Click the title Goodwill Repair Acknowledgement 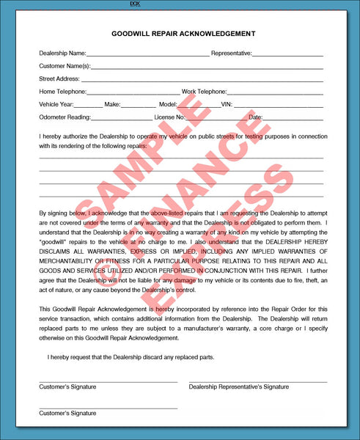(x=183, y=34)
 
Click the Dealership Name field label (x=62, y=54)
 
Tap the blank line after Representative (x=288, y=55)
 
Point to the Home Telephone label (x=63, y=92)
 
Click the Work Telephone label (x=205, y=92)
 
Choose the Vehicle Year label (x=56, y=105)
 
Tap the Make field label (x=112, y=105)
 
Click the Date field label (x=255, y=117)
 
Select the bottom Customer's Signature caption (x=67, y=413)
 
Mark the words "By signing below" (x=64, y=213)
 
